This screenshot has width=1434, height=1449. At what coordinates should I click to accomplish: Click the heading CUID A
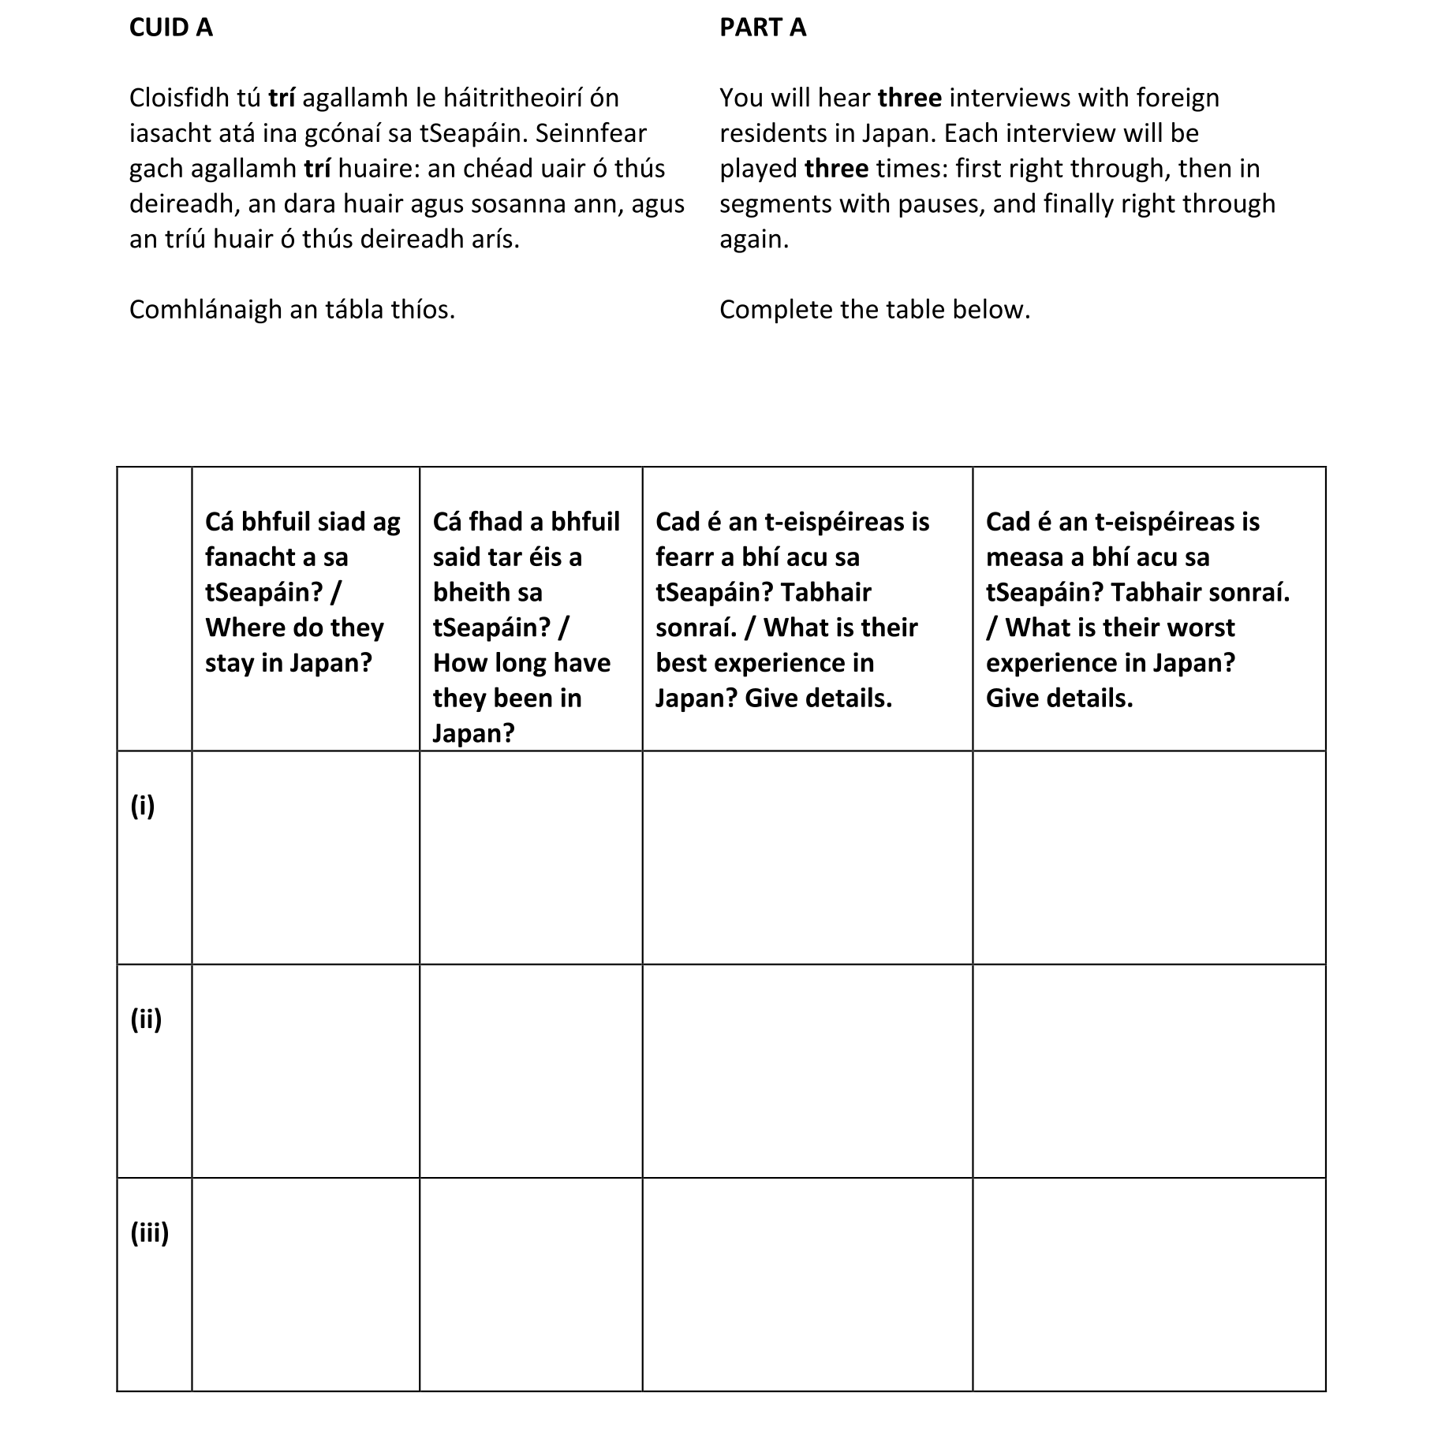[x=170, y=28]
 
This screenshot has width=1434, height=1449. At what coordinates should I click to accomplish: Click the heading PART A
[x=762, y=28]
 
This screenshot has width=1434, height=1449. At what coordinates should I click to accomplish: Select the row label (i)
[x=143, y=805]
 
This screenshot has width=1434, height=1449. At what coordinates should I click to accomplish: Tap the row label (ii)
[x=146, y=1019]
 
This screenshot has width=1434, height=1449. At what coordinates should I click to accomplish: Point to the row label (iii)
[x=149, y=1232]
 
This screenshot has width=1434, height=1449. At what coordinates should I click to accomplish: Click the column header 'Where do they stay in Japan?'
[x=304, y=591]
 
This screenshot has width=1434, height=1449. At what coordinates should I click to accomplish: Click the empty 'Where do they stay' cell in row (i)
[x=305, y=857]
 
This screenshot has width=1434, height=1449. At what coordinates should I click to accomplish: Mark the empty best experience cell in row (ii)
[x=807, y=1071]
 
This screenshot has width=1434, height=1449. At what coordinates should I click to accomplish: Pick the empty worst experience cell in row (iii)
[x=1148, y=1284]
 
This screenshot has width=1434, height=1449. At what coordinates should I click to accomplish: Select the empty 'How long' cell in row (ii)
[x=530, y=1071]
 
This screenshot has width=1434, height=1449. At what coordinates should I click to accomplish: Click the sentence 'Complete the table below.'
[x=874, y=310]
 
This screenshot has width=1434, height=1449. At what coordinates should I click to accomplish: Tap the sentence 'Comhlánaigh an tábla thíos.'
[x=292, y=310]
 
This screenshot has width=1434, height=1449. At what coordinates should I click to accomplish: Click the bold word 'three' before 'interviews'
[x=909, y=98]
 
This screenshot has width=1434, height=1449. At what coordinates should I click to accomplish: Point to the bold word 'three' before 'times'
[x=836, y=169]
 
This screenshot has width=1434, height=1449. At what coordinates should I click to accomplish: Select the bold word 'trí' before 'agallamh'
[x=282, y=98]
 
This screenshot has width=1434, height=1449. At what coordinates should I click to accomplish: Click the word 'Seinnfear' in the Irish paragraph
[x=591, y=133]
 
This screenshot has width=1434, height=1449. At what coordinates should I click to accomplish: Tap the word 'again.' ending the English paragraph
[x=753, y=239]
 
